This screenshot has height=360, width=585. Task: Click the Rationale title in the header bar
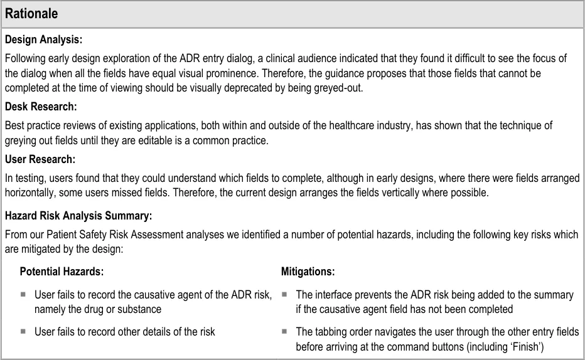coord(32,14)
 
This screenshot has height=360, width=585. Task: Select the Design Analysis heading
coord(43,40)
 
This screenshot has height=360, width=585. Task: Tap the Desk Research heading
coord(41,107)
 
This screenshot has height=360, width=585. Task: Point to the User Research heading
coord(40,159)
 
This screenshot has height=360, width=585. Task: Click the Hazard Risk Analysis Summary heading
coord(78,216)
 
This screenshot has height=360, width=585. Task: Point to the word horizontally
coord(30,193)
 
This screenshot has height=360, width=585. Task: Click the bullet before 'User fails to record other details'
coord(23,331)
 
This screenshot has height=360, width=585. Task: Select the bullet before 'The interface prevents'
coord(284,294)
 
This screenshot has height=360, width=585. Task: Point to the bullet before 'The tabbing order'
coord(284,331)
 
